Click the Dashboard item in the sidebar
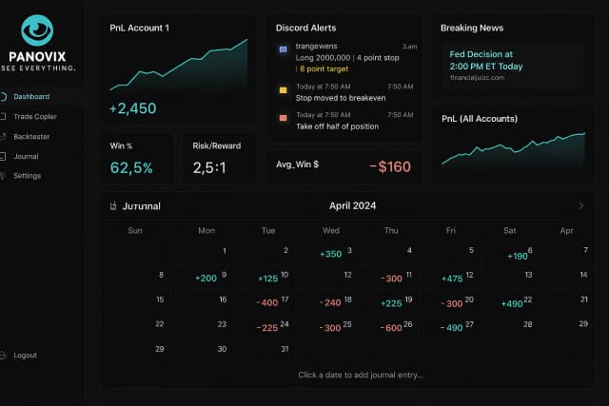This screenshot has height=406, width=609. tap(31, 96)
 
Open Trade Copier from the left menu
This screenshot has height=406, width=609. tap(34, 116)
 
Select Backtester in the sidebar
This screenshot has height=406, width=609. tap(32, 136)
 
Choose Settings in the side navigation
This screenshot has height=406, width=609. tap(27, 176)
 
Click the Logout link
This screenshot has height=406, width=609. tap(25, 355)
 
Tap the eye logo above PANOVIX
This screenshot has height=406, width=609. tap(37, 30)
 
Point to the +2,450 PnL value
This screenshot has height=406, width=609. tap(132, 108)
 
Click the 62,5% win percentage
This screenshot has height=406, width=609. tap(131, 167)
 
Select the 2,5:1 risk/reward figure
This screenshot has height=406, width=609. tap(210, 167)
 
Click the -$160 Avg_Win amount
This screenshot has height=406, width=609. tap(390, 167)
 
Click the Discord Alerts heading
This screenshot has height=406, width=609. tap(305, 28)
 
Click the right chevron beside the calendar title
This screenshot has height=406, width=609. tap(581, 205)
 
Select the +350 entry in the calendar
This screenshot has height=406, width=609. tap(331, 254)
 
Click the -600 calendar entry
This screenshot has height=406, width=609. tap(390, 327)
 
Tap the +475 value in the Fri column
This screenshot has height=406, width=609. tap(452, 279)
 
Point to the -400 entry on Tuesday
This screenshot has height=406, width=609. tap(267, 302)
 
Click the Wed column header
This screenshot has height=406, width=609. tap(331, 230)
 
